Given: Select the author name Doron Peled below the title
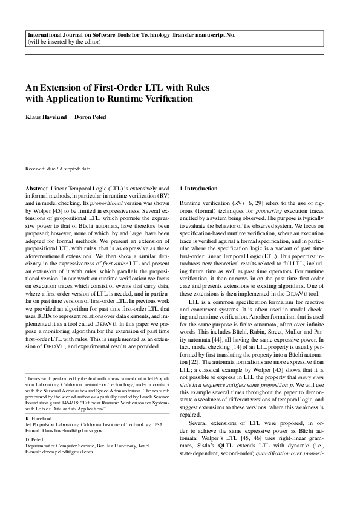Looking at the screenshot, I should coord(89,117).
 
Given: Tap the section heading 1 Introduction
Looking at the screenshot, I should coord(203,189).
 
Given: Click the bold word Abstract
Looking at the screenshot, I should coord(37,189).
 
